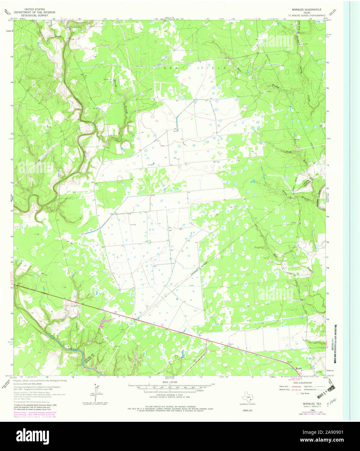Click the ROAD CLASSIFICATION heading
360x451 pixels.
click(x=301, y=383)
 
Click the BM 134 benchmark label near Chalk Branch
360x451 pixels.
click(x=295, y=140)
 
